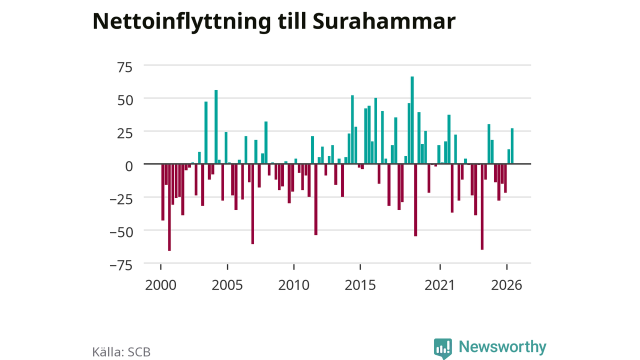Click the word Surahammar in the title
(384, 21)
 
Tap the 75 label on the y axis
(125, 67)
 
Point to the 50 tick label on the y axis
(125, 100)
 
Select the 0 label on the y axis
(129, 166)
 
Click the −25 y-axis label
(121, 199)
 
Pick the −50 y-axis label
(121, 232)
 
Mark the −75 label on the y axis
(121, 265)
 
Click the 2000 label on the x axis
(160, 285)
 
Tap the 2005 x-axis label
(227, 285)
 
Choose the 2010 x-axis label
(293, 285)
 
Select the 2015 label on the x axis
(360, 285)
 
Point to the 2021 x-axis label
(439, 285)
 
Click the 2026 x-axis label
(506, 285)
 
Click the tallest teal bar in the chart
(412, 120)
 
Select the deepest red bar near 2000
(169, 207)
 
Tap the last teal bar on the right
(512, 146)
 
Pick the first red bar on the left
(163, 192)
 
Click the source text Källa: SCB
(121, 352)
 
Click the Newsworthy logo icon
(443, 348)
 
